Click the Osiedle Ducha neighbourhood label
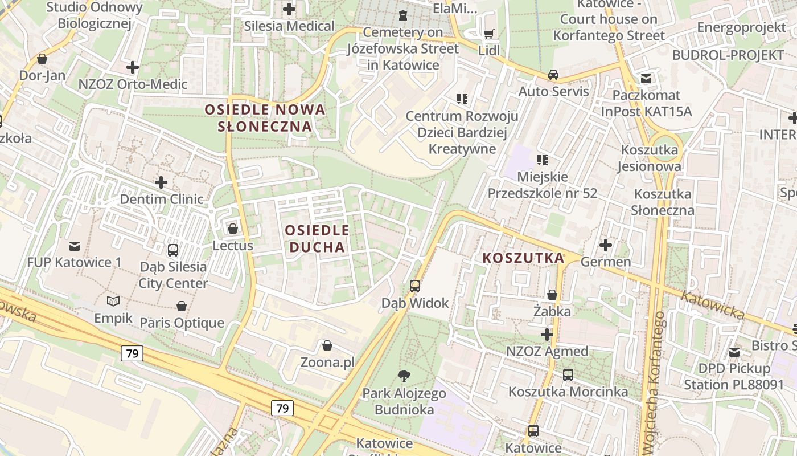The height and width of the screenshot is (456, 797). pos(317,239)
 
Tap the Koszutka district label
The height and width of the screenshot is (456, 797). pos(523,258)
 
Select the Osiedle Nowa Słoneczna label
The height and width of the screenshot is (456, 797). pos(265,118)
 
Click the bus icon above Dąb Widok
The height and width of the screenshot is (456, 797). pos(415,286)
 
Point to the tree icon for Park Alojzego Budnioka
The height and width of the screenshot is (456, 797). pos(404,376)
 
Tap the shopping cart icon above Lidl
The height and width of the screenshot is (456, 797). pos(488,34)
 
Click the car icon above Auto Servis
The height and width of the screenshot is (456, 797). pos(553,75)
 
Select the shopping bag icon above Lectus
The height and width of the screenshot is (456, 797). pos(232,229)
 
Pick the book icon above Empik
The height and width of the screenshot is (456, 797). pos(113,302)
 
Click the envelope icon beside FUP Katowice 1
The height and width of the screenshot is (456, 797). pos(74,246)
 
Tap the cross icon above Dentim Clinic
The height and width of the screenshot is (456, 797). pos(161,182)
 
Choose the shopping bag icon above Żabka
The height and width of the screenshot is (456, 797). pos(552,295)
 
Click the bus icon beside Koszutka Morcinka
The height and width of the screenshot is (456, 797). pos(568,374)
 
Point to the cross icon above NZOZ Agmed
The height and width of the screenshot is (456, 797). pos(547,334)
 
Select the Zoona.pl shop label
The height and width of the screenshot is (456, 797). pos(327,362)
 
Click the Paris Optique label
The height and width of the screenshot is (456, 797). pos(182,323)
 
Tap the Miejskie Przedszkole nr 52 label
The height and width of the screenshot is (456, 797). pos(543,185)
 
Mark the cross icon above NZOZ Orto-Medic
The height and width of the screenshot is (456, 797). pos(132,67)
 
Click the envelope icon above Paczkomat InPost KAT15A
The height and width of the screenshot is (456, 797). pos(646,79)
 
